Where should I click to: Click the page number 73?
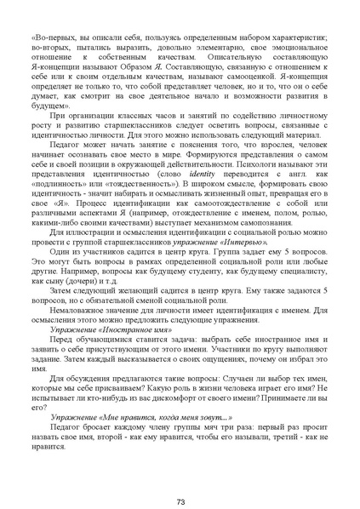tap(180, 478)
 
